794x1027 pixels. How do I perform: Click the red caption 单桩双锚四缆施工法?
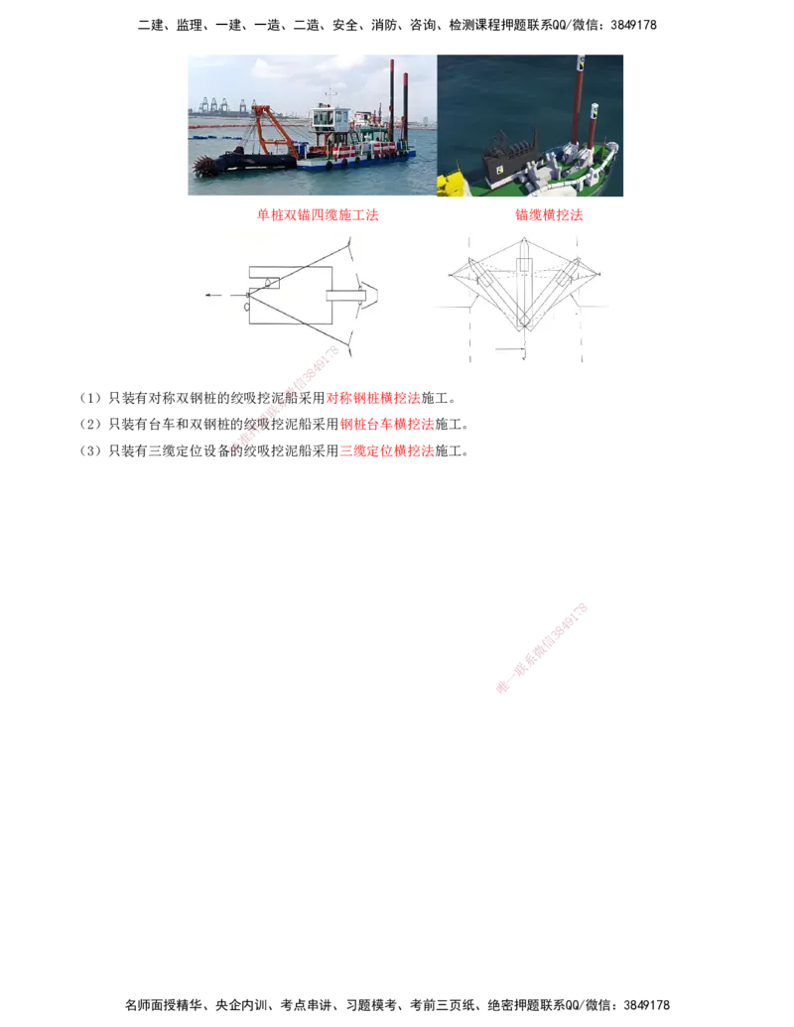tap(318, 215)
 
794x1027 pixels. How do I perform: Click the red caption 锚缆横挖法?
tap(549, 215)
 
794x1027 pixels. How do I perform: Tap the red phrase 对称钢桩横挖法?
tap(373, 398)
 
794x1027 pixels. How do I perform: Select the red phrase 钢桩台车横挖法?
tap(387, 424)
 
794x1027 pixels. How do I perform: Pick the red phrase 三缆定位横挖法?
tap(387, 450)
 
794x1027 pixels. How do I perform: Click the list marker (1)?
tap(90, 398)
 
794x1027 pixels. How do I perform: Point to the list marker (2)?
tap(90, 424)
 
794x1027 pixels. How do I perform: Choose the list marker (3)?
tap(90, 450)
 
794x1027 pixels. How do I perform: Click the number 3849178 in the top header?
tap(633, 25)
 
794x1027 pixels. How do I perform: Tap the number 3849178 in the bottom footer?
tap(646, 1005)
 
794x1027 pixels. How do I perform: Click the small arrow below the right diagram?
tap(510, 351)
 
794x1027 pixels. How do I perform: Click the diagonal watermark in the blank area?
tap(542, 648)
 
